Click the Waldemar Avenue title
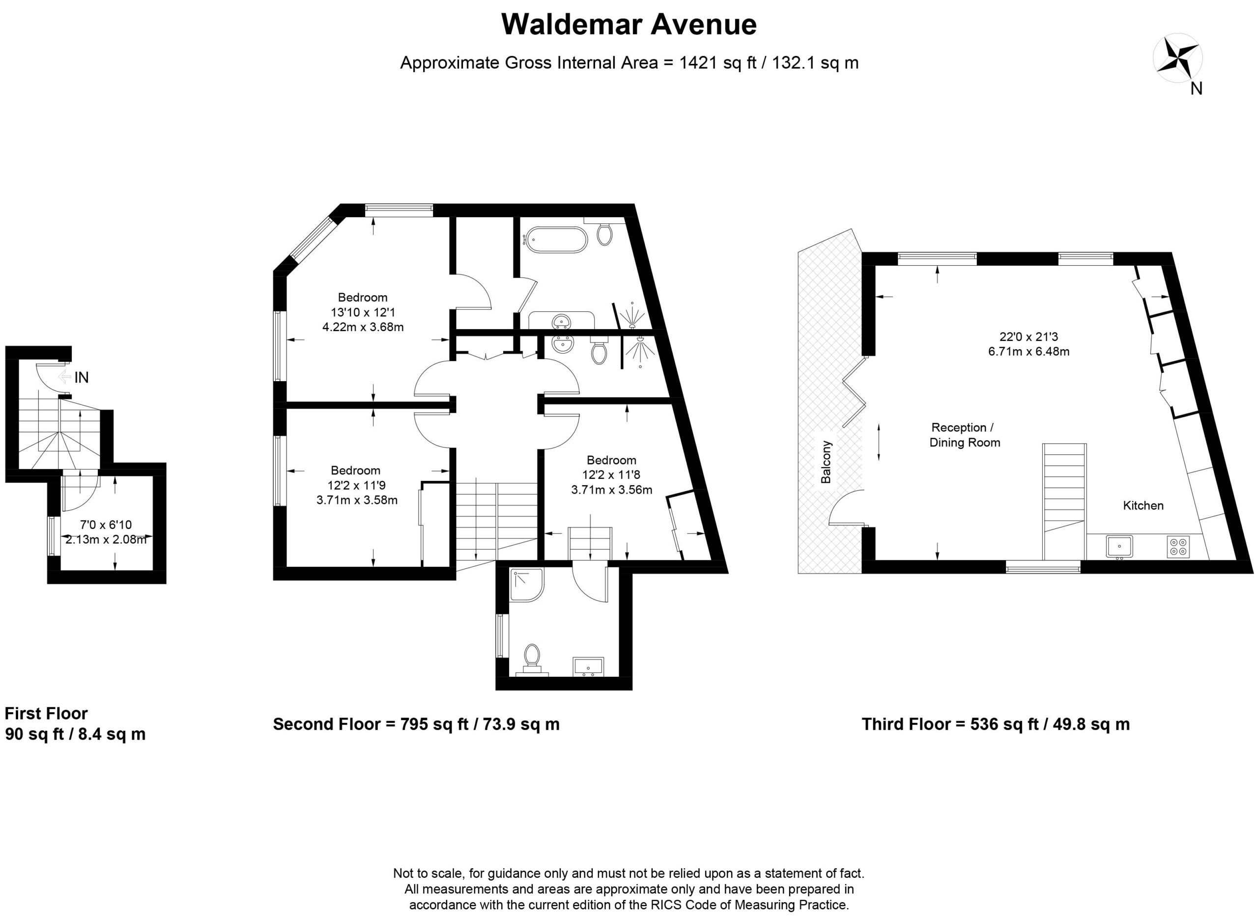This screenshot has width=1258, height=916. pos(629,25)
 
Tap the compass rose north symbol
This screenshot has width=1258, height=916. pos(1177,60)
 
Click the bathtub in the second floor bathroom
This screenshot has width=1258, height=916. pos(555,240)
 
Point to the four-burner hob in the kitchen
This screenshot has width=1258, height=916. pos(1178,546)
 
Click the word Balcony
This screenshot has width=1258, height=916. pos(826,462)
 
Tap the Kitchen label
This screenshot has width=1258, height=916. pos(1143,505)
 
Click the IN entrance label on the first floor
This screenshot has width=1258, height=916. pos(82,378)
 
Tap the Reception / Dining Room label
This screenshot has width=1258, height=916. pos(965,435)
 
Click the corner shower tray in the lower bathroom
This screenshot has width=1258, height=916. pos(526,585)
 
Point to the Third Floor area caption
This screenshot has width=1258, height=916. pos(996,724)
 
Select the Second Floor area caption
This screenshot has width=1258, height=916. pos(416,724)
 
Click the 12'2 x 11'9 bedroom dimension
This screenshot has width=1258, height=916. pos(356,485)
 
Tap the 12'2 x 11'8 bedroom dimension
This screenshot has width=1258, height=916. pos(611,474)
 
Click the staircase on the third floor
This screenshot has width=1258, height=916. pos(1064,501)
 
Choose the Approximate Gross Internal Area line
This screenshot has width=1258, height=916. pos(629,63)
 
